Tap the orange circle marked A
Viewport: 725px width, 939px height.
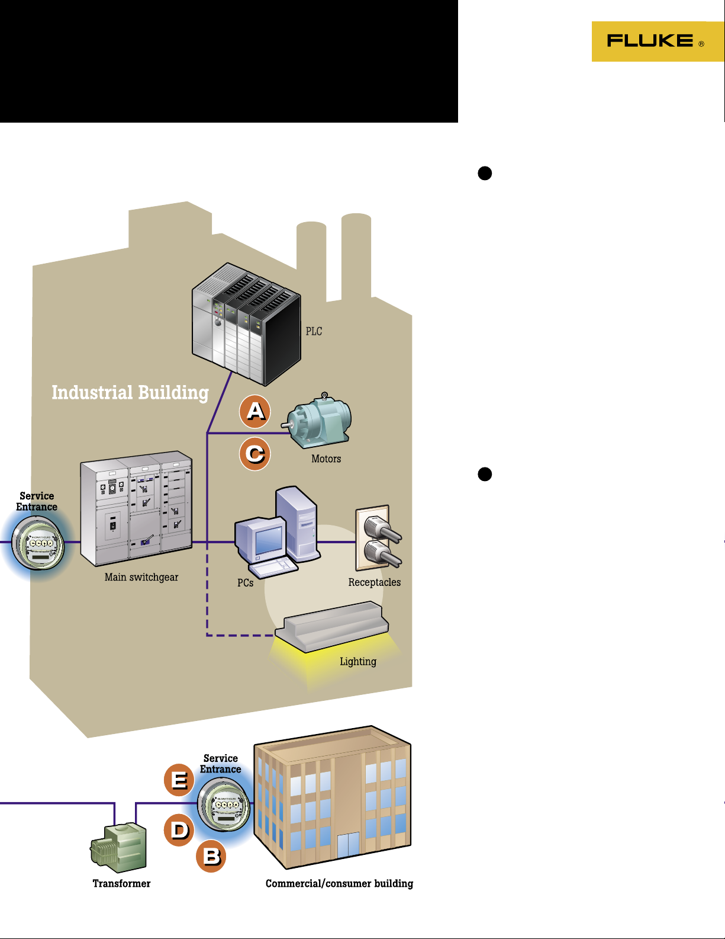255,411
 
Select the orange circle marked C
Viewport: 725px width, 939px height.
255,454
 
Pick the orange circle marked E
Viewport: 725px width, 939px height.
179,780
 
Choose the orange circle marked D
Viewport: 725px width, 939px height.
179,829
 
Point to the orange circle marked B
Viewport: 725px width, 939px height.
211,856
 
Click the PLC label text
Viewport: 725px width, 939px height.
314,331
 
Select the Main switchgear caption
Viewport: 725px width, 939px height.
141,577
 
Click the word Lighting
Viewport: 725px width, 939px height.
358,661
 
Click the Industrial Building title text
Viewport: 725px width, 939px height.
130,393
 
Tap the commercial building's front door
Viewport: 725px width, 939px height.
348,845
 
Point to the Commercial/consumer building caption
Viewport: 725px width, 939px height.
339,883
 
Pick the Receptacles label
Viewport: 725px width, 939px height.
375,582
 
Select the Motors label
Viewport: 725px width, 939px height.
326,459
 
